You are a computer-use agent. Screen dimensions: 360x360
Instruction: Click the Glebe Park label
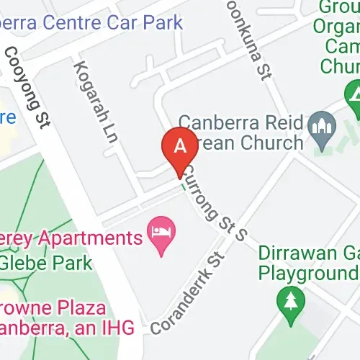click(46, 262)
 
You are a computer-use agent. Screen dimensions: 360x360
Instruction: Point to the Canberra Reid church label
click(240, 132)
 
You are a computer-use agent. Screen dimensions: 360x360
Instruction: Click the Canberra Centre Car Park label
click(91, 22)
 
